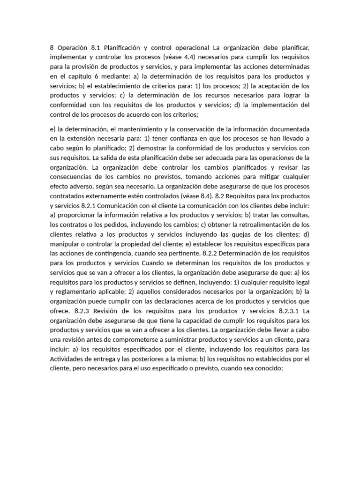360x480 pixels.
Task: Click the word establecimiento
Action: coord(104,86)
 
